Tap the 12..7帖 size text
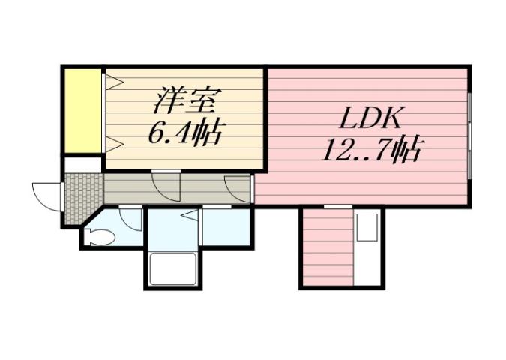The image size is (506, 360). tap(370, 151)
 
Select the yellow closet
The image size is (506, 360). tap(82, 110)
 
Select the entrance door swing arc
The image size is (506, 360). tap(45, 196)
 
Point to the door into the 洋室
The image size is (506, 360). tap(166, 185)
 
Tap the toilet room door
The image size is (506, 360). tap(130, 218)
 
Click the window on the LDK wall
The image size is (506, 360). tap(469, 136)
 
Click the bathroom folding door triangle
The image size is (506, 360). tap(187, 218)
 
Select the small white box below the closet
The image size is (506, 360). tap(82, 164)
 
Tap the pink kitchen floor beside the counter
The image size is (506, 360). tap(326, 247)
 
